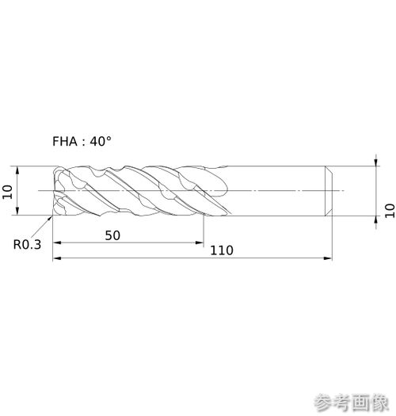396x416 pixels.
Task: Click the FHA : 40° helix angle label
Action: [x=82, y=141]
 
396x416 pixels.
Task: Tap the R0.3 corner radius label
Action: [x=27, y=245]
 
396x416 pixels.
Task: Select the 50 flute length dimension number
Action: [x=112, y=235]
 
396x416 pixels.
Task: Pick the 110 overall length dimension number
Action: [x=222, y=250]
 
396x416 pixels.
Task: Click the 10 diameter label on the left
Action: [x=7, y=192]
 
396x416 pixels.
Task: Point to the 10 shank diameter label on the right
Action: [x=390, y=211]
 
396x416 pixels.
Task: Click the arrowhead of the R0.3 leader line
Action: [x=50, y=218]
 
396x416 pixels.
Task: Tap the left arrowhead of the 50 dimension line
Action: [x=57, y=242]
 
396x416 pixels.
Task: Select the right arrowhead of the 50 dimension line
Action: [x=200, y=242]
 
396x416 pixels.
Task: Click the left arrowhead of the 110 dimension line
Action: [x=57, y=258]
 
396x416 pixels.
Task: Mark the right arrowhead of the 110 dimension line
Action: [x=328, y=258]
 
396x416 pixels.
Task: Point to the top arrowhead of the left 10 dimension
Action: [x=17, y=170]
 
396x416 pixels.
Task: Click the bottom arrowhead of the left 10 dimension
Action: [x=17, y=211]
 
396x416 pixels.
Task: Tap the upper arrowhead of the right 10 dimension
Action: [x=376, y=162]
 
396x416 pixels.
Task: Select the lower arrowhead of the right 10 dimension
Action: [x=376, y=220]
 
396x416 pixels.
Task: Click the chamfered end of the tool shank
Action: [x=329, y=191]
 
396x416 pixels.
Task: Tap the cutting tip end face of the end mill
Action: [x=55, y=191]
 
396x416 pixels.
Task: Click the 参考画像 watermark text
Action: [x=352, y=403]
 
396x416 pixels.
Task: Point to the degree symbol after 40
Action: [x=109, y=138]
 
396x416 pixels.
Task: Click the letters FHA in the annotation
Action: [x=65, y=141]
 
